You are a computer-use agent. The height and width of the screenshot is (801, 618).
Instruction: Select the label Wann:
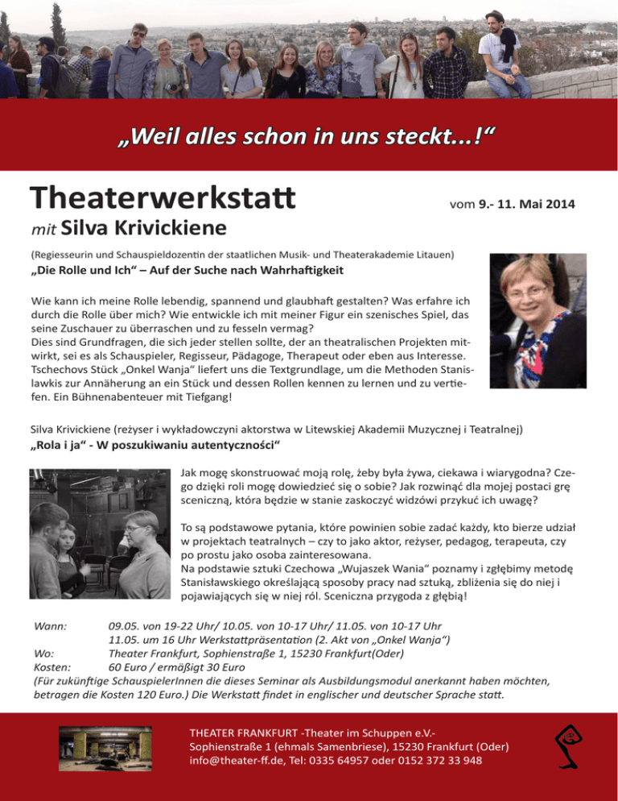coord(50,626)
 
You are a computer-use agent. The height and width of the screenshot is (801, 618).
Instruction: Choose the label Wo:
coord(43,654)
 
